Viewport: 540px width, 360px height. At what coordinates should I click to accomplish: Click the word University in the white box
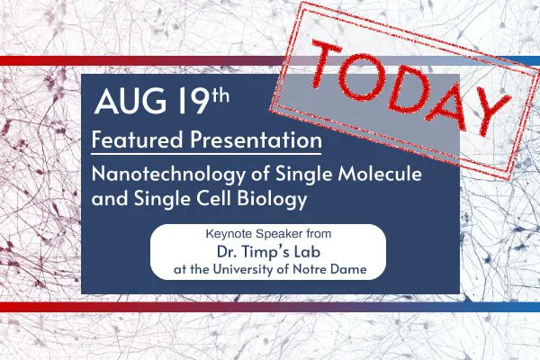click(275, 270)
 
